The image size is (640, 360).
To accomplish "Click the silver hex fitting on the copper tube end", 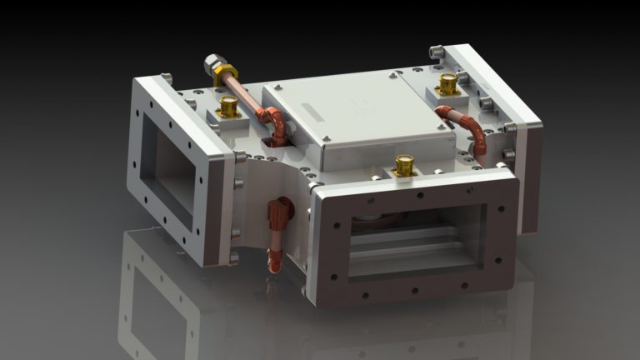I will click(212, 63).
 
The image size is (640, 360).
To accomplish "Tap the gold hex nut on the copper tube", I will click(223, 75).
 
